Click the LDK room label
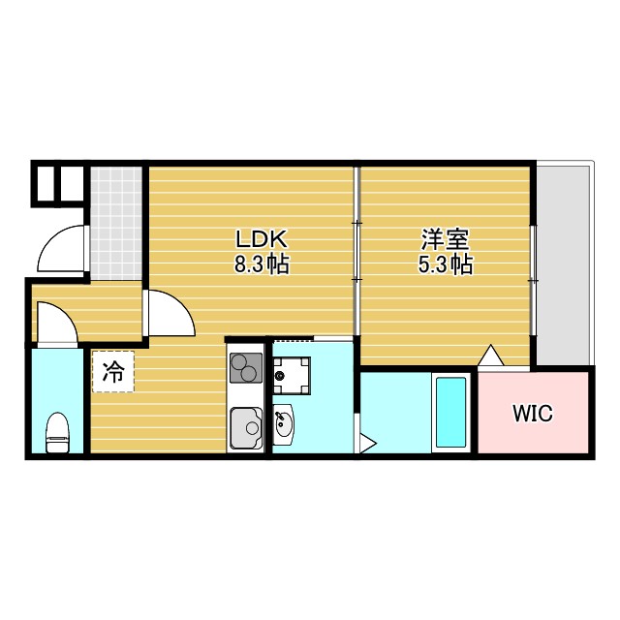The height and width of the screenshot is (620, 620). [261, 239]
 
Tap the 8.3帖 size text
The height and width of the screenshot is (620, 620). [261, 263]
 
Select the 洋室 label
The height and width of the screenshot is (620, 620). [447, 239]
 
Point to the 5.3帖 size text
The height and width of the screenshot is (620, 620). [447, 263]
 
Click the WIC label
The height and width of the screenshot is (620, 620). [532, 414]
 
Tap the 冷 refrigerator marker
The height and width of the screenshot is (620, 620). [113, 372]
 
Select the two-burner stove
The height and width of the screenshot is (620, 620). [246, 369]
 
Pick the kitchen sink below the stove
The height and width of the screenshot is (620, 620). [245, 427]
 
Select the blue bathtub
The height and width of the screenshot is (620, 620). [450, 412]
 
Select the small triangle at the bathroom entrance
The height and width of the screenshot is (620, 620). [367, 445]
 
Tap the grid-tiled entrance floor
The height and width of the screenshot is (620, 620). [117, 220]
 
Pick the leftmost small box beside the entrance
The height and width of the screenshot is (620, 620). [46, 182]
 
